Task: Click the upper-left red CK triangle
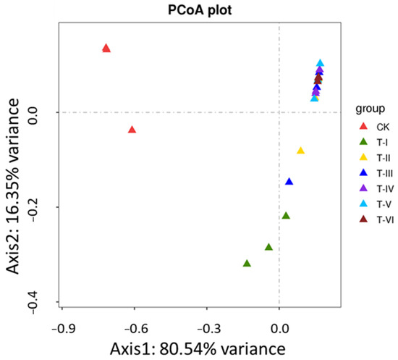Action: [106, 49]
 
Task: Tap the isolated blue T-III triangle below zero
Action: [289, 182]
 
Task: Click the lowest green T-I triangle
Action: [247, 264]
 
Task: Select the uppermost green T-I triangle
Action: [286, 216]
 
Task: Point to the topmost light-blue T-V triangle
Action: [320, 64]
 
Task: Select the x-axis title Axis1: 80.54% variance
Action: [197, 348]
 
